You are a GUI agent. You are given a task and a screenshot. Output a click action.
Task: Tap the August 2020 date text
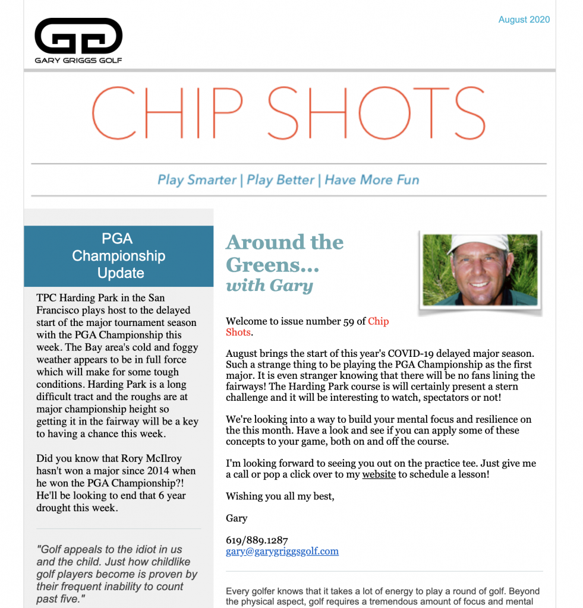pyautogui.click(x=524, y=20)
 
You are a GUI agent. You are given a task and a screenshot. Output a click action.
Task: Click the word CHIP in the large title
pyautogui.click(x=168, y=113)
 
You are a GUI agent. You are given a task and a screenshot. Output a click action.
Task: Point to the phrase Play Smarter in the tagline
pyautogui.click(x=197, y=180)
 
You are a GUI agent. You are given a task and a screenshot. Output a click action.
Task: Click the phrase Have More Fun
pyautogui.click(x=372, y=180)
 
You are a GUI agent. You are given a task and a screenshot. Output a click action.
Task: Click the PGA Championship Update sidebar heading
pyautogui.click(x=119, y=256)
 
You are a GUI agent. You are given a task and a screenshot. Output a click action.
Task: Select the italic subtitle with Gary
pyautogui.click(x=269, y=286)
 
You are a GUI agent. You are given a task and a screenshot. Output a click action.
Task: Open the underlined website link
pyautogui.click(x=379, y=474)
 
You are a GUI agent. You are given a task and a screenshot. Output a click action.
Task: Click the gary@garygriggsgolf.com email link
pyautogui.click(x=282, y=551)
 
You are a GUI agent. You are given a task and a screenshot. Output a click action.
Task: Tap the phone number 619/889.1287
pyautogui.click(x=257, y=540)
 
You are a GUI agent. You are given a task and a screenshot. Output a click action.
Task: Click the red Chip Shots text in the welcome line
pyautogui.click(x=378, y=321)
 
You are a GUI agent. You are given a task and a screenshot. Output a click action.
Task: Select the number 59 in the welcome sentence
pyautogui.click(x=349, y=321)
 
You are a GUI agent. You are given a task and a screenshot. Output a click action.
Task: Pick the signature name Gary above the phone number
pyautogui.click(x=237, y=518)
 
